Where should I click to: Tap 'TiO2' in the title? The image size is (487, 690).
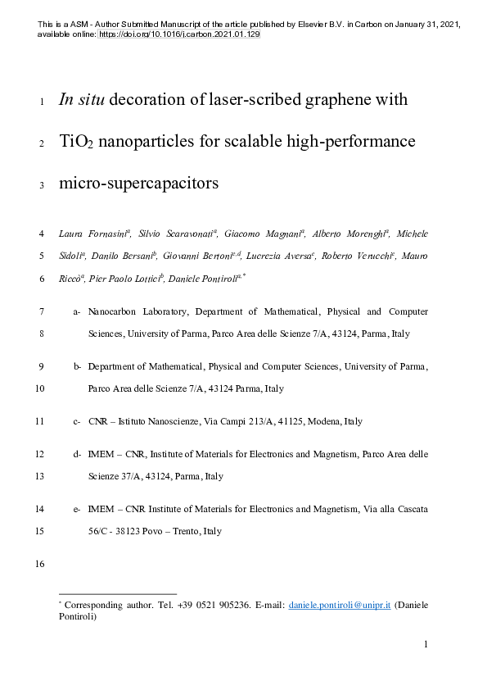coord(77,142)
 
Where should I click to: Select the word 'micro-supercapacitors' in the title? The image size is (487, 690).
coord(139,183)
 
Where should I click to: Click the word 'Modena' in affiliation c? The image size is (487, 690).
coord(325,422)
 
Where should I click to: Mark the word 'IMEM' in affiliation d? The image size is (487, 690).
coord(100,453)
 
